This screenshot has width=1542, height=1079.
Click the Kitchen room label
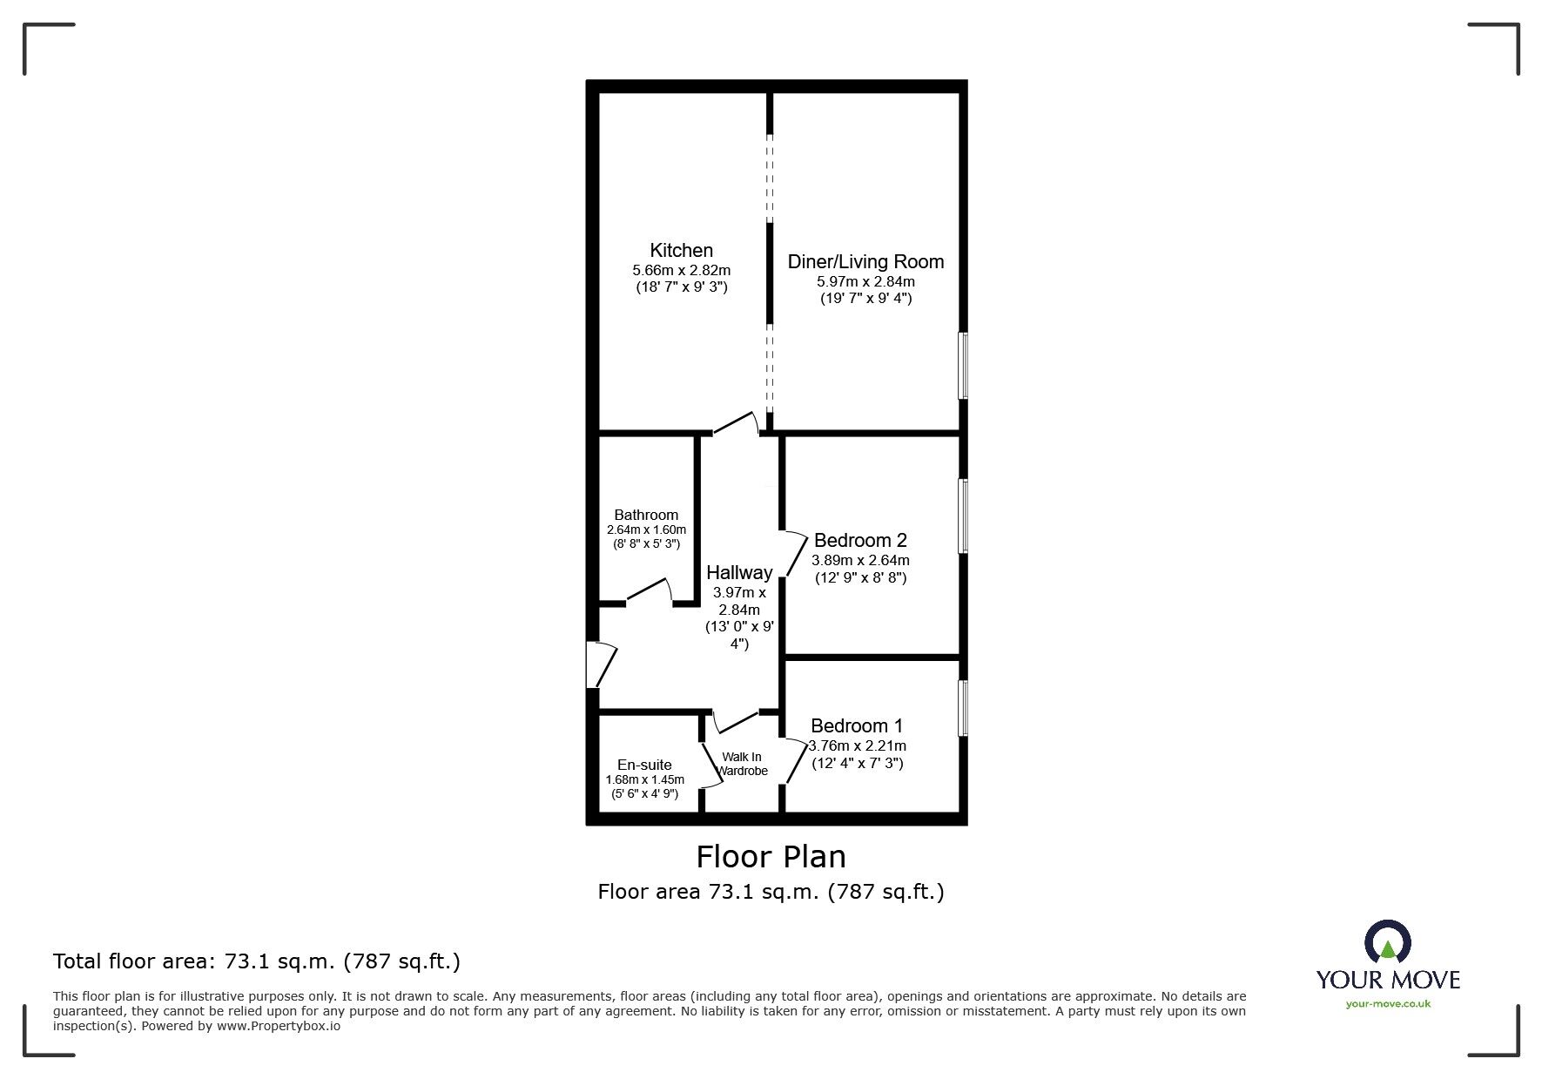click(x=681, y=251)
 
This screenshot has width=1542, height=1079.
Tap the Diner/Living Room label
click(x=865, y=261)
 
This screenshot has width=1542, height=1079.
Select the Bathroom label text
click(x=646, y=515)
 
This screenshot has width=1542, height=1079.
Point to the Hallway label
click(x=739, y=572)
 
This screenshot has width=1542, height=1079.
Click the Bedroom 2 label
click(x=860, y=541)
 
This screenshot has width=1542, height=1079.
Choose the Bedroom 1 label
click(x=857, y=725)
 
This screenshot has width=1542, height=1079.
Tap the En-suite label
click(x=644, y=765)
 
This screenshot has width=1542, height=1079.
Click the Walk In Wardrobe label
click(x=743, y=764)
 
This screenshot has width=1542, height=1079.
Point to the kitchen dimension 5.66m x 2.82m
click(x=681, y=270)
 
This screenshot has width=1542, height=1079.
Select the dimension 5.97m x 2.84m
click(x=865, y=281)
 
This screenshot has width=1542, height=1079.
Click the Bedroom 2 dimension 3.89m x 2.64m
click(x=860, y=560)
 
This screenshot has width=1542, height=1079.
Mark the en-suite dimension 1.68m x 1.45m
click(x=645, y=779)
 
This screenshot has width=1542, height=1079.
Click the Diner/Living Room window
click(x=963, y=366)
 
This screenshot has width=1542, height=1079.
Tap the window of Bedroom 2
click(x=963, y=516)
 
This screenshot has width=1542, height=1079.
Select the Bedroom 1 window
click(x=963, y=708)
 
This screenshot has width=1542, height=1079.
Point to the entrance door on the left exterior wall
click(x=601, y=665)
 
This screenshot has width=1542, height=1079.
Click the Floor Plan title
click(x=771, y=857)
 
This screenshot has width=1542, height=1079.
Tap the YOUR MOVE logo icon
click(x=1387, y=942)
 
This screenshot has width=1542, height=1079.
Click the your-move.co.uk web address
click(x=1388, y=1004)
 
